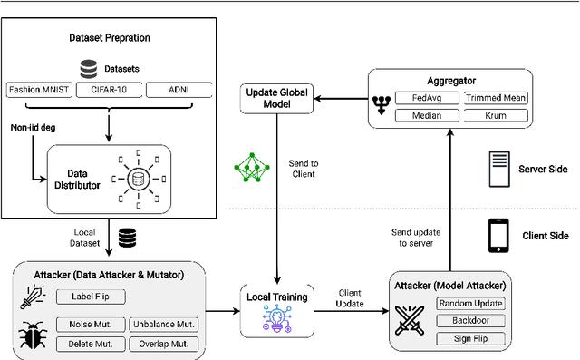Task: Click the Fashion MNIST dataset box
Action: click(x=41, y=90)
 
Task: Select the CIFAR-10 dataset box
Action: click(x=110, y=90)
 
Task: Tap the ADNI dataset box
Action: click(x=179, y=90)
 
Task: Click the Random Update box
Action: click(x=469, y=303)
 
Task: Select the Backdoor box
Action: click(x=469, y=320)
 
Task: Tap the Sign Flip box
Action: click(x=469, y=337)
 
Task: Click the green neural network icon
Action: click(x=250, y=166)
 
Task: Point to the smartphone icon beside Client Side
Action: click(x=498, y=235)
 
